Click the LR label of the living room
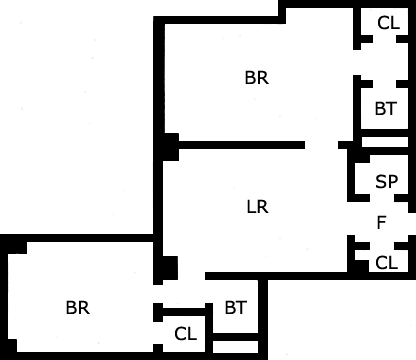click(257, 207)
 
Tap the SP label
click(386, 182)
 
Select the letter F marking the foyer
click(381, 223)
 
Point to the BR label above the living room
click(257, 78)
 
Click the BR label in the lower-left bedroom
click(78, 308)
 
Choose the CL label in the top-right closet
click(388, 23)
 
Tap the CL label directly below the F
click(386, 263)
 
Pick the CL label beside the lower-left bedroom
click(185, 334)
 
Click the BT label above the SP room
click(386, 109)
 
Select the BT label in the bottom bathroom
click(236, 308)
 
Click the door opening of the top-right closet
click(384, 39)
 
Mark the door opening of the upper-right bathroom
click(384, 84)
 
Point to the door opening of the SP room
click(382, 198)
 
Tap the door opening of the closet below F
click(382, 246)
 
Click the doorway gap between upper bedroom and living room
click(321, 145)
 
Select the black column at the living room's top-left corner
click(171, 147)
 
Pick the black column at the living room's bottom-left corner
click(170, 268)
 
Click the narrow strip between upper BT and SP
click(385, 142)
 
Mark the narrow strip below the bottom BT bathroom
click(235, 347)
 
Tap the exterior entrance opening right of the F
click(412, 224)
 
